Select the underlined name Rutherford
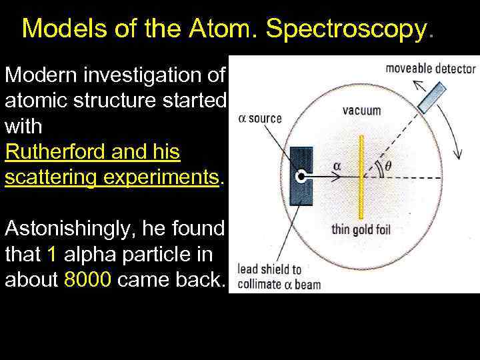pyautogui.click(x=53, y=152)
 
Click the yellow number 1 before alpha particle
pyautogui.click(x=53, y=253)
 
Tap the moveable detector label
pyautogui.click(x=431, y=68)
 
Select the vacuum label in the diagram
pyautogui.click(x=361, y=111)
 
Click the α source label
pyautogui.click(x=260, y=119)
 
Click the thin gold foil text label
pyautogui.click(x=361, y=231)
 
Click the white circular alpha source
pyautogui.click(x=301, y=177)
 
